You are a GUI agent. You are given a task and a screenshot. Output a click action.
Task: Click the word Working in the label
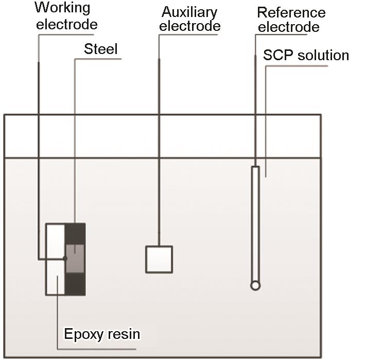[62, 9]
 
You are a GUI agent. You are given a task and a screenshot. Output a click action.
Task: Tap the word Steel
[101, 49]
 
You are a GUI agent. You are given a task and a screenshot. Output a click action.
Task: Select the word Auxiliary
[189, 12]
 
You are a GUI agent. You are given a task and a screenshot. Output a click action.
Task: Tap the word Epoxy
[81, 334]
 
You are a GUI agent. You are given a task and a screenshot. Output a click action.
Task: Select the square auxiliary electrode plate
[159, 259]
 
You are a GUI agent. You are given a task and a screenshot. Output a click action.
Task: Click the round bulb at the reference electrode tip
[255, 285]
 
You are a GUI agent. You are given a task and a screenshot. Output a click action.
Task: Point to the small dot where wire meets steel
[65, 258]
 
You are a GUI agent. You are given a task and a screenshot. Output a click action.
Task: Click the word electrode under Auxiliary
[189, 26]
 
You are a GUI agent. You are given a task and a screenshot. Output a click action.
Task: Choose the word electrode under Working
[67, 24]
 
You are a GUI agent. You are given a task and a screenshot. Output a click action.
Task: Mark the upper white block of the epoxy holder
[55, 241]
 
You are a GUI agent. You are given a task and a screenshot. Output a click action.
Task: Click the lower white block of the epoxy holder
[55, 277]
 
